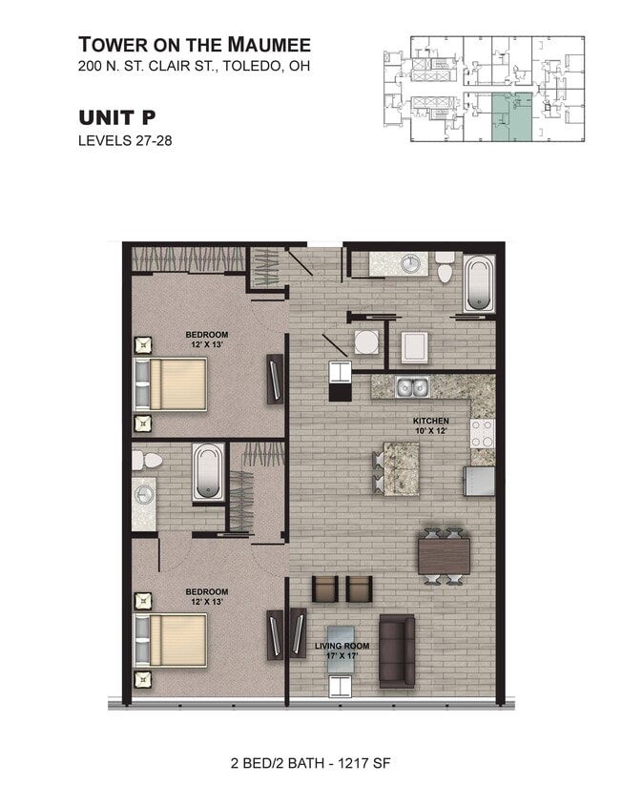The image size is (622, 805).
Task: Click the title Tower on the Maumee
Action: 194,44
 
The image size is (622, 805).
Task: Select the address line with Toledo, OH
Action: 194,67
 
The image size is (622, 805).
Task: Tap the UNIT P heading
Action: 116,117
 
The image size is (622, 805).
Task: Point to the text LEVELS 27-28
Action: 124,141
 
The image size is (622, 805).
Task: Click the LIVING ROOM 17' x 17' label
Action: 342,651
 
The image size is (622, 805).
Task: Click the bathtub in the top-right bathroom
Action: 479,283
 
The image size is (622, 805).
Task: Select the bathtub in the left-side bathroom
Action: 208,472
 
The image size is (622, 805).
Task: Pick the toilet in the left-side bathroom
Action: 146,460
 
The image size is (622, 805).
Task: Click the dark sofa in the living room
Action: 397,650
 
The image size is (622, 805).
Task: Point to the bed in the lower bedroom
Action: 174,640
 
